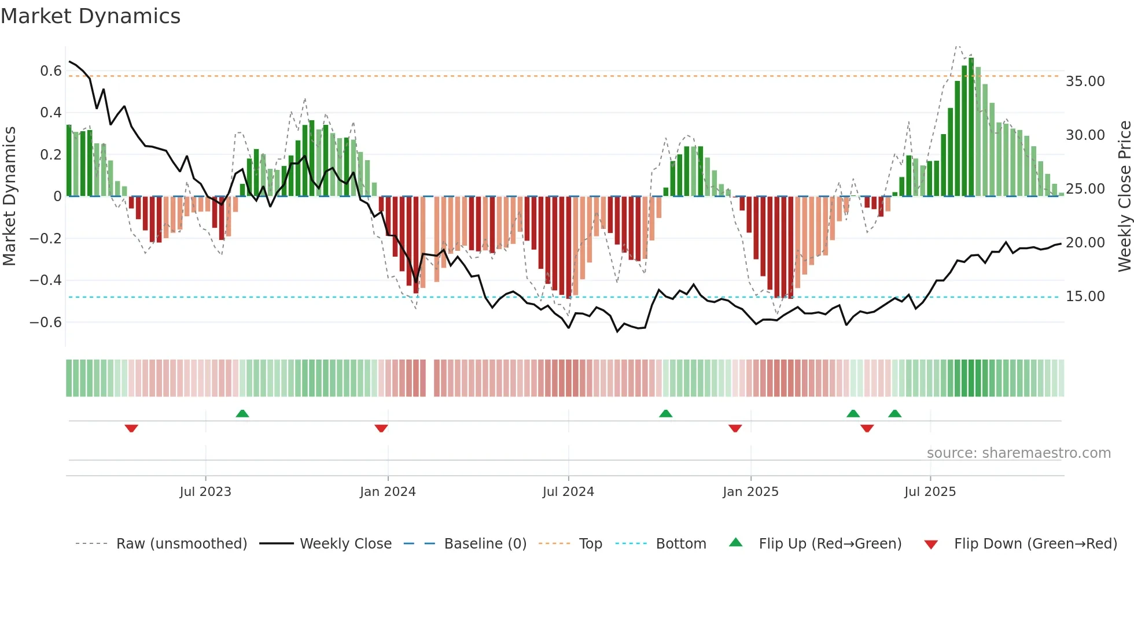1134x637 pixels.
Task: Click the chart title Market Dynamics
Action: pos(90,16)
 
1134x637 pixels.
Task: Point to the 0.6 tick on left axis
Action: pos(51,71)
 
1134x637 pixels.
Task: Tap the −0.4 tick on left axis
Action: pos(46,280)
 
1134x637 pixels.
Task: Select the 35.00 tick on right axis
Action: pos(1085,82)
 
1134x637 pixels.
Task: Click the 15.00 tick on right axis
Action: pos(1085,297)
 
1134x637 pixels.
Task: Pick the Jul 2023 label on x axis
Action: pos(205,492)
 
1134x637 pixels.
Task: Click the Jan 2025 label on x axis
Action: pos(750,492)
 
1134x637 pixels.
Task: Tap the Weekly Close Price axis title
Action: pos(1124,196)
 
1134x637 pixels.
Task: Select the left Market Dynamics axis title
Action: pos(10,196)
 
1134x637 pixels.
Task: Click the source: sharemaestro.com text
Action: pos(1018,453)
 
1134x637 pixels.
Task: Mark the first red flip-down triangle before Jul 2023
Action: pos(131,428)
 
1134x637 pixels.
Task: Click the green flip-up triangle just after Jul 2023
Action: pos(242,413)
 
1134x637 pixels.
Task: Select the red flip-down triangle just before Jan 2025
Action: pos(735,428)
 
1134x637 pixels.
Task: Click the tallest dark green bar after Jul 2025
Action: pos(971,127)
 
